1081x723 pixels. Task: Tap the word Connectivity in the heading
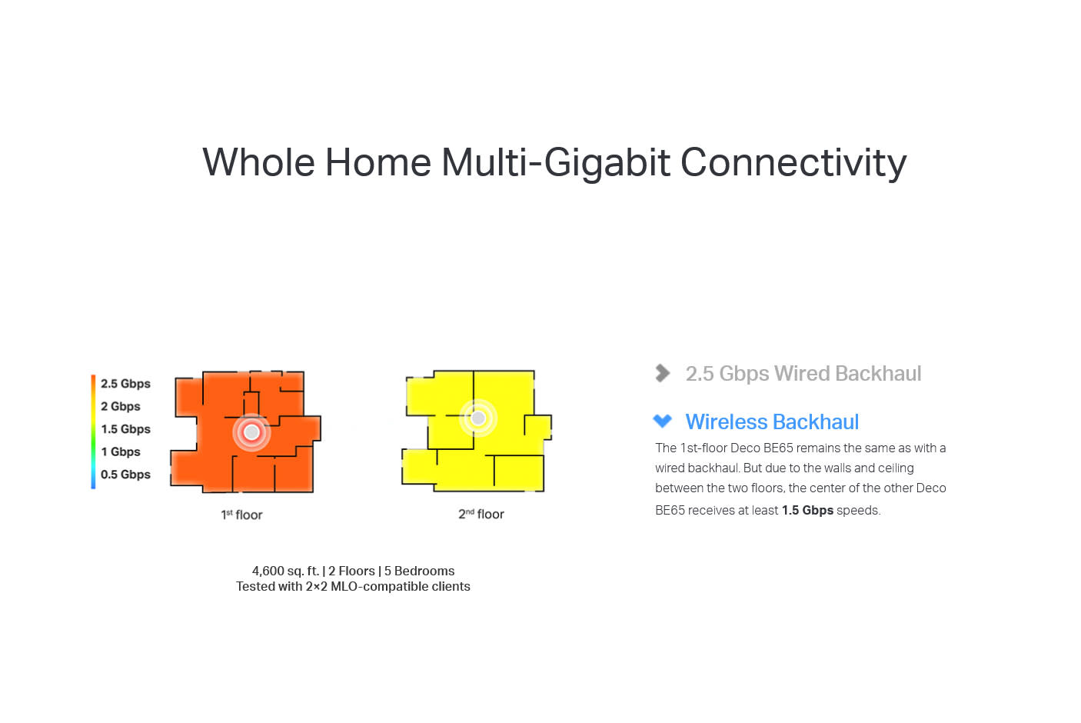793,163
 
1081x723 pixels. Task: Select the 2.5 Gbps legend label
125,384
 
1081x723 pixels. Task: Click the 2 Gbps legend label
121,407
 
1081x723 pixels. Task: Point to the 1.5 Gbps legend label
125,429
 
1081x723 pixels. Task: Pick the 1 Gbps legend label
121,452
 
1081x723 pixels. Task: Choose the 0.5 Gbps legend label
125,475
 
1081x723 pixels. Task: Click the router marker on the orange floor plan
251,432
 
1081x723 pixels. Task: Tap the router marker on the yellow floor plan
478,418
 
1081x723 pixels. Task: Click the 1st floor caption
242,515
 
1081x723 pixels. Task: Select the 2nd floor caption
481,514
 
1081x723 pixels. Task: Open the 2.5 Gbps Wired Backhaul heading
803,374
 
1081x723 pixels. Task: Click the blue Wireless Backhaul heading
772,422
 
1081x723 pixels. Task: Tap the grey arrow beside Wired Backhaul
662,373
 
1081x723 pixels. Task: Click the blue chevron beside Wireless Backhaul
662,421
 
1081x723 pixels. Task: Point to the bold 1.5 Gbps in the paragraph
807,510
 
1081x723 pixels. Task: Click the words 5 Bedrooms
419,571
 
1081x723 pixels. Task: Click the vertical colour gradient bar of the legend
93,431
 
